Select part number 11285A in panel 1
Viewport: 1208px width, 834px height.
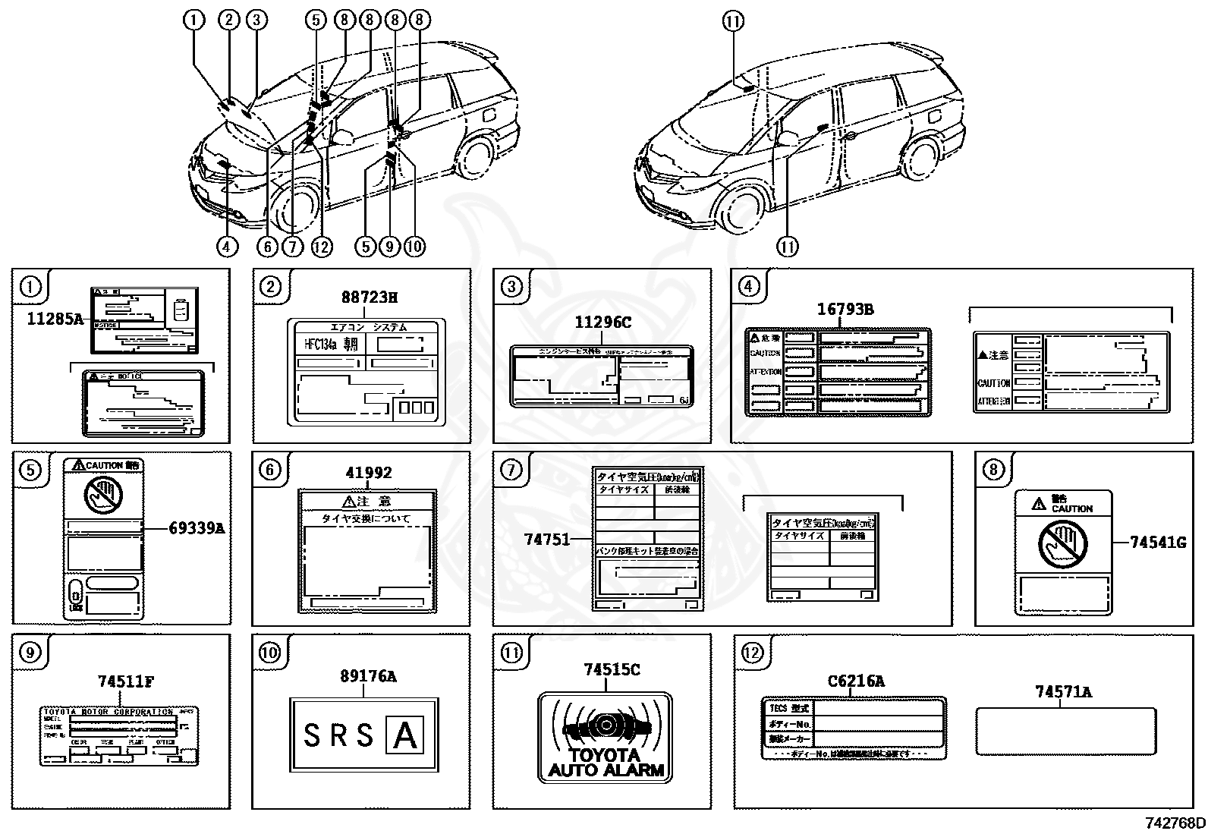(55, 319)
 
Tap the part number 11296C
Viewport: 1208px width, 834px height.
(602, 323)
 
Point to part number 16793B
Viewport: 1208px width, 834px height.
(845, 309)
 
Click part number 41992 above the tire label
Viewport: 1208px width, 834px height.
(369, 473)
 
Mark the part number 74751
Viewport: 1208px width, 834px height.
(546, 539)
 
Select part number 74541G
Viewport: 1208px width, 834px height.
(1157, 543)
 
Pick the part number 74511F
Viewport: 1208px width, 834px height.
(125, 681)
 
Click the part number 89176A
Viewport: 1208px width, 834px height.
(368, 675)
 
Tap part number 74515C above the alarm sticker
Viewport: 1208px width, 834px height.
(612, 669)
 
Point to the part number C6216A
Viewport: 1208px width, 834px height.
(855, 681)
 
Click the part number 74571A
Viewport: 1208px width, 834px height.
(1063, 691)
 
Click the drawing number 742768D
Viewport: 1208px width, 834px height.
(1175, 824)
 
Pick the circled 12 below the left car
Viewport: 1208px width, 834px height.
(322, 247)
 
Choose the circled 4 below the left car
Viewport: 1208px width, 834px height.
(227, 247)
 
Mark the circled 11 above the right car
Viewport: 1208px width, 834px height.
(732, 22)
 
